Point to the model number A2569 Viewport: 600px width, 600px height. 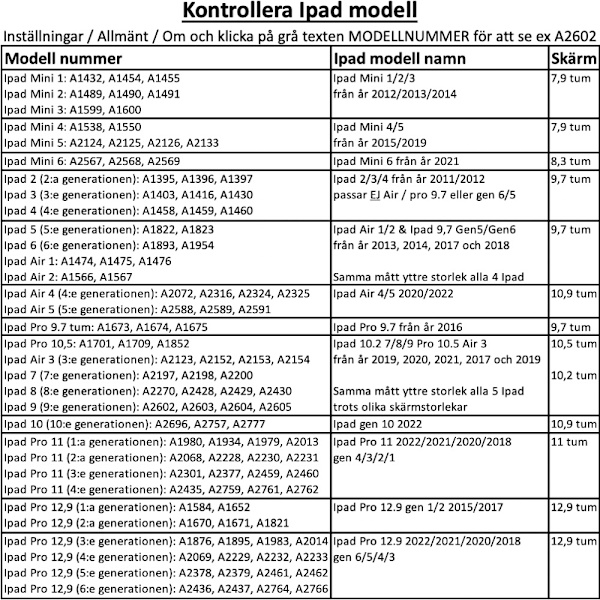point(162,160)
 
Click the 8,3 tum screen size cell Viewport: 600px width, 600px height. point(570,160)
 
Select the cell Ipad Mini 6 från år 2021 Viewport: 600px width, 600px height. point(396,160)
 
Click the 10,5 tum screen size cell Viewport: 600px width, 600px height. point(572,343)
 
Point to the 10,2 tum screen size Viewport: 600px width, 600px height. point(572,375)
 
